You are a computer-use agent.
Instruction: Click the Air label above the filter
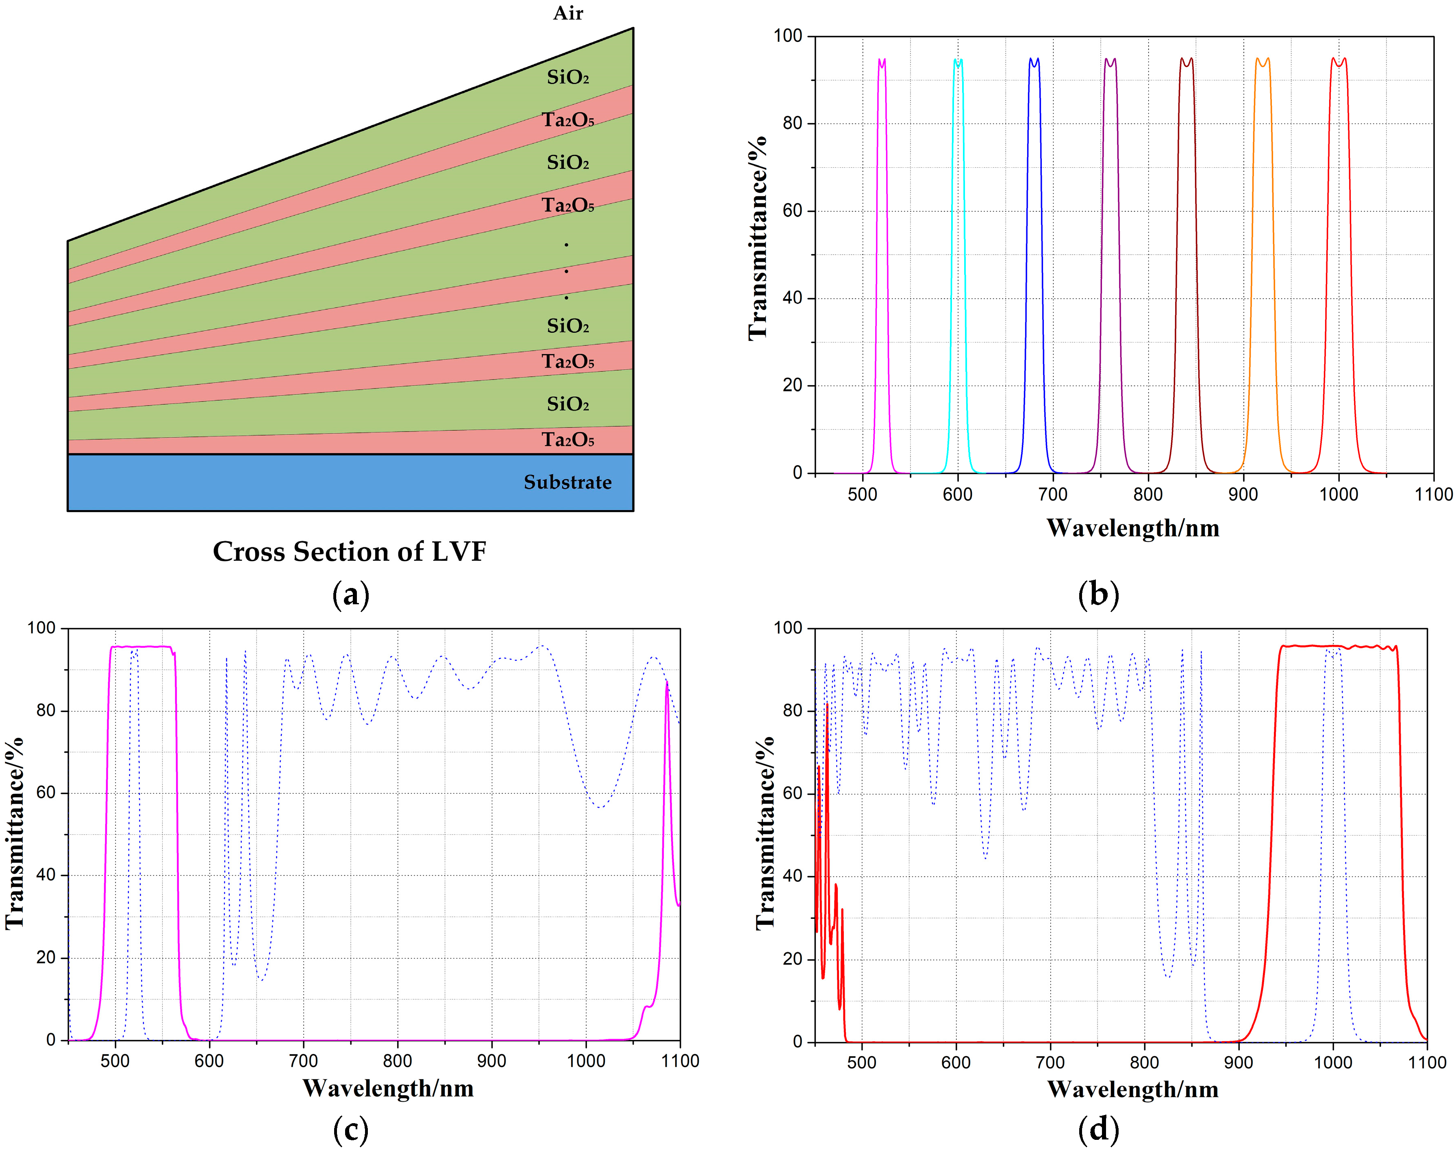click(568, 13)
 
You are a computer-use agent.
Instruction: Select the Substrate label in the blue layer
click(568, 482)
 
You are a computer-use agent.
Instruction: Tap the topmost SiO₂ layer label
click(568, 78)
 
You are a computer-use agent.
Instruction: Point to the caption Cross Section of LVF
click(350, 551)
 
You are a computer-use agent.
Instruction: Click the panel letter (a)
click(351, 595)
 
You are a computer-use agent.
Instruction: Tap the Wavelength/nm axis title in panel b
click(1133, 528)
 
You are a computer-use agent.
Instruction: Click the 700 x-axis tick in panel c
click(303, 1061)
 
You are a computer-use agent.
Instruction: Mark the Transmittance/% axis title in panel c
click(15, 833)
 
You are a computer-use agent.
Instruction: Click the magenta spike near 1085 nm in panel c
click(667, 684)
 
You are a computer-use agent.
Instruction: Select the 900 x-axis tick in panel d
click(1239, 1063)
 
